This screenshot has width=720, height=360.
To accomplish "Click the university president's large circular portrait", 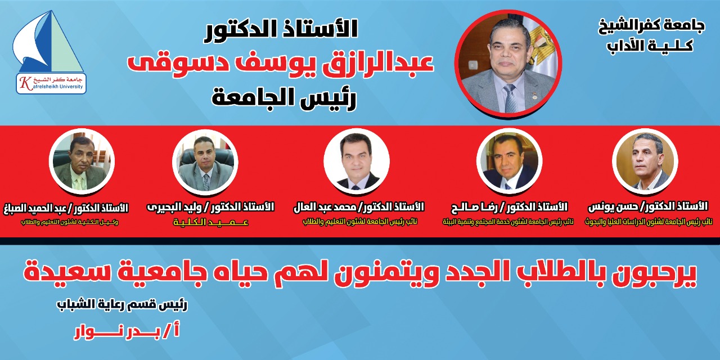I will click(508, 63).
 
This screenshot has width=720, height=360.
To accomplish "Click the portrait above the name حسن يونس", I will click(646, 161).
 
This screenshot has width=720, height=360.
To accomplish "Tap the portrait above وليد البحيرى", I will click(204, 161).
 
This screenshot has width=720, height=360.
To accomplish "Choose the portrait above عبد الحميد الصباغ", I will click(82, 161).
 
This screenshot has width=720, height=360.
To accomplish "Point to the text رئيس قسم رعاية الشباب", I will click(122, 305).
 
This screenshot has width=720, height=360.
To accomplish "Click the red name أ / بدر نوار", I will click(127, 332).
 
